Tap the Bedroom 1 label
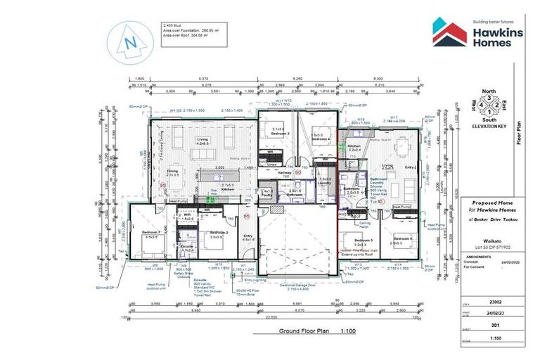(153, 232)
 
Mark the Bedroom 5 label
(353, 240)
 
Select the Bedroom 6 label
(403, 240)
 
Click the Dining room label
(172, 170)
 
